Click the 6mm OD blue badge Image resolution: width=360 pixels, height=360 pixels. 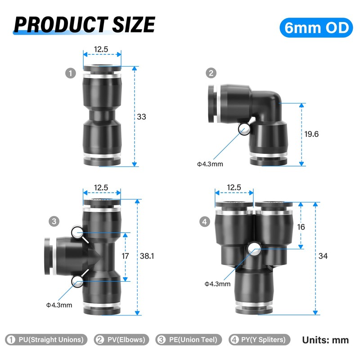[316, 27]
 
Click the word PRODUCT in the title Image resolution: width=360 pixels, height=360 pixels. [61, 24]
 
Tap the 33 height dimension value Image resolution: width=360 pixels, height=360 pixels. [141, 117]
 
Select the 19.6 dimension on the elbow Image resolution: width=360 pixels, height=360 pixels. [311, 134]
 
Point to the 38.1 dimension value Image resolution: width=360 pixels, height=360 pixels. [147, 256]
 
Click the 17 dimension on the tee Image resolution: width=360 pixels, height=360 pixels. [125, 256]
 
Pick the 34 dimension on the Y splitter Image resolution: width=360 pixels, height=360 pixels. [323, 256]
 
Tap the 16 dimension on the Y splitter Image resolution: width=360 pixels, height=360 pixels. [301, 227]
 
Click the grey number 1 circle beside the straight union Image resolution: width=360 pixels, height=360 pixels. [71, 73]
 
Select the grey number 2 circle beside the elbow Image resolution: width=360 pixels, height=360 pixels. [211, 73]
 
